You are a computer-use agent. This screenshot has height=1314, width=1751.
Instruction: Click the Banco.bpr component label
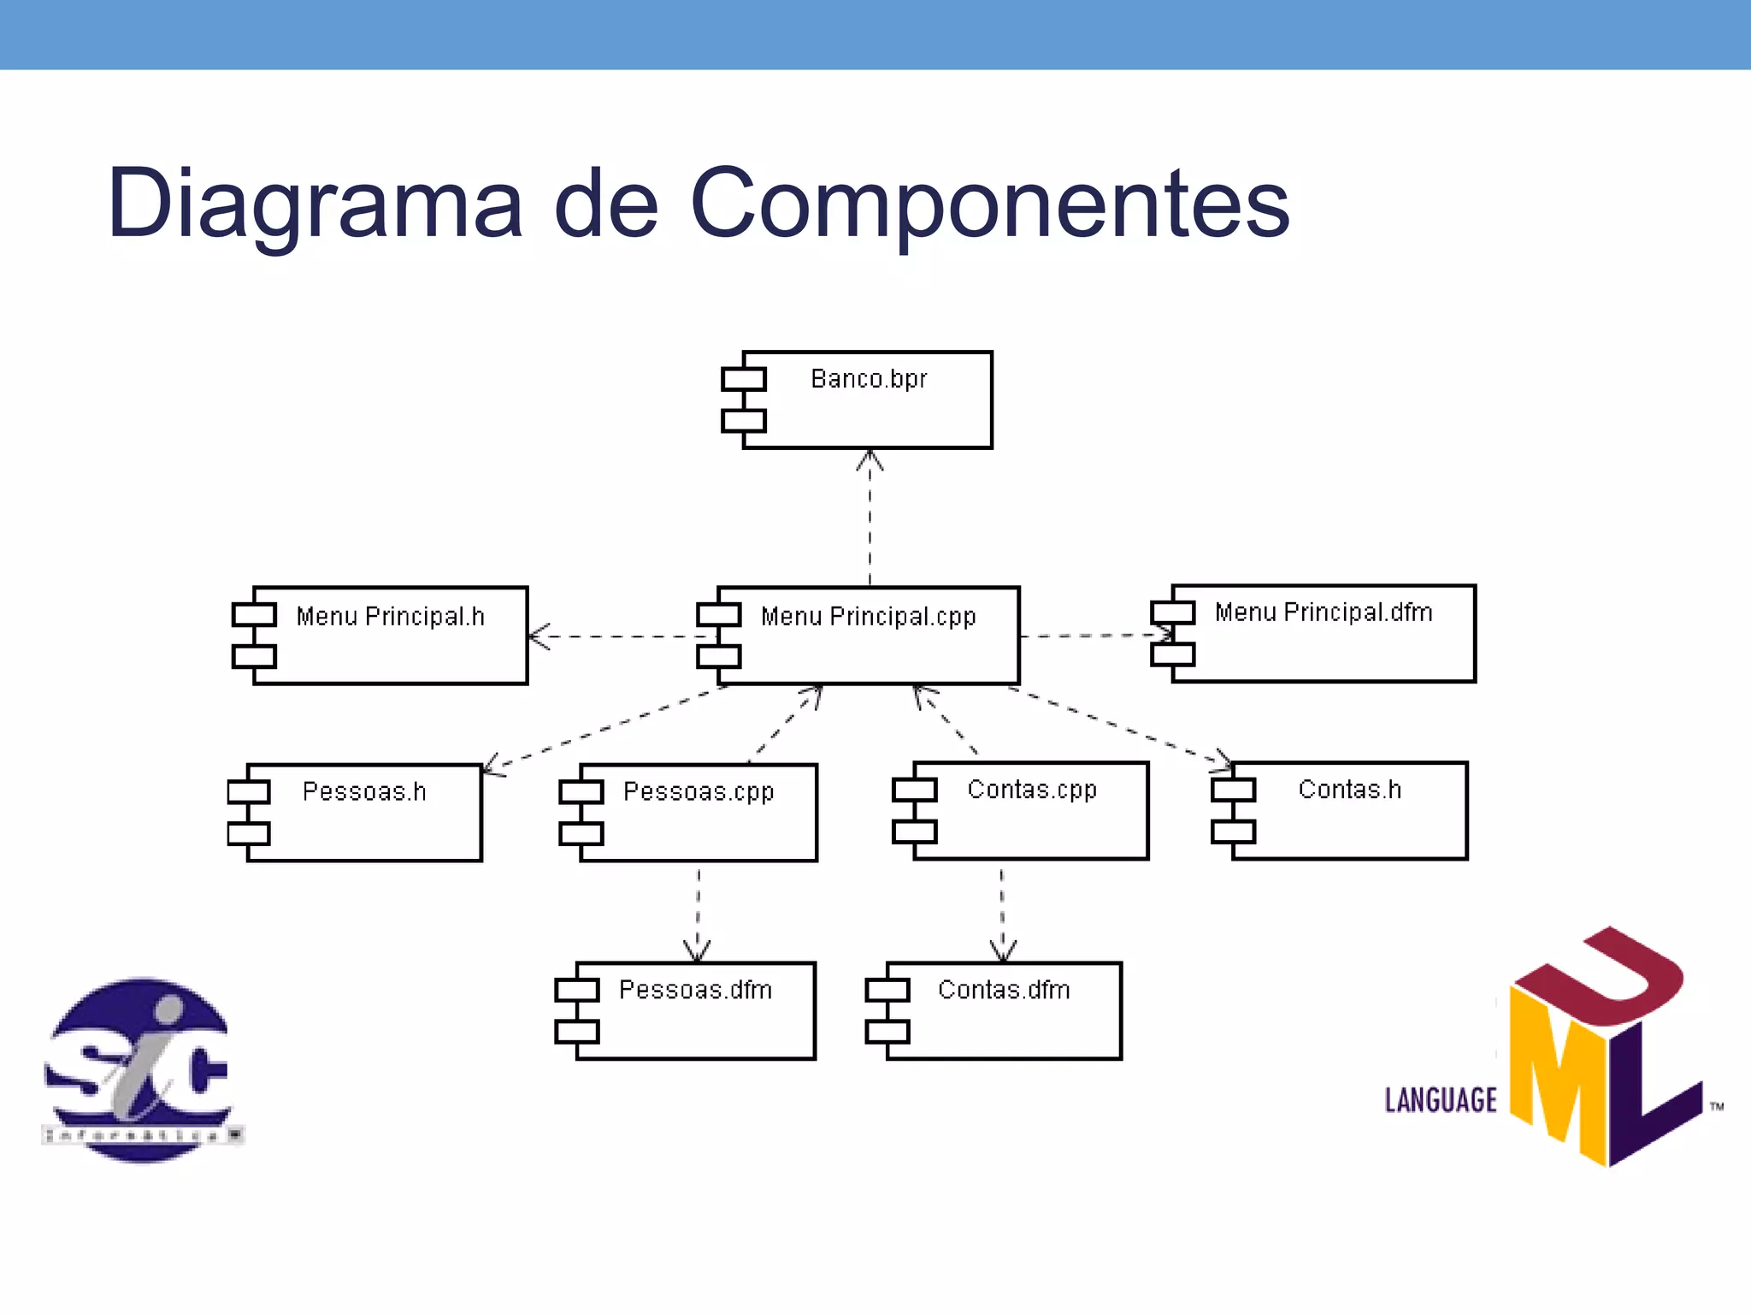click(868, 378)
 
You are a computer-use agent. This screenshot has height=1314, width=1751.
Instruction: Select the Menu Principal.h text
click(390, 616)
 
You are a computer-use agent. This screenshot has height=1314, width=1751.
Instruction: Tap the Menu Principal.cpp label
click(868, 616)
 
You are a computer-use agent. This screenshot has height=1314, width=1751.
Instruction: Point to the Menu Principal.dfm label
click(1323, 613)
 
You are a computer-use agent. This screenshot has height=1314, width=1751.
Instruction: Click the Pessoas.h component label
click(364, 791)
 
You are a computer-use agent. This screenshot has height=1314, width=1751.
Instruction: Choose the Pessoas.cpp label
click(699, 791)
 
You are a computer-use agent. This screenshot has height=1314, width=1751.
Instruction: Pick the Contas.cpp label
click(1031, 789)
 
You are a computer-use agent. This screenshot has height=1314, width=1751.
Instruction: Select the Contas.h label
click(1349, 789)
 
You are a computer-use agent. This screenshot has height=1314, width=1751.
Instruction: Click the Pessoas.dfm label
click(695, 990)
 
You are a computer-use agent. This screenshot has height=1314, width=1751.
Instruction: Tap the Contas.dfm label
click(1004, 990)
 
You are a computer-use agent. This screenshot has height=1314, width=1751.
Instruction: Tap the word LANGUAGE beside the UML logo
click(1441, 1100)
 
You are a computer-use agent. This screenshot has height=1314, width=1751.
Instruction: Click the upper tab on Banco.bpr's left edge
click(743, 378)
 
